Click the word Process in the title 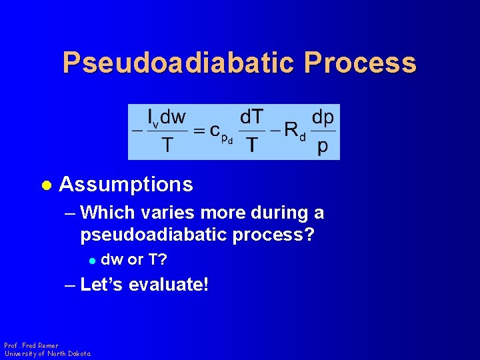pyautogui.click(x=361, y=63)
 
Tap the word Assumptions pyautogui.click(x=126, y=185)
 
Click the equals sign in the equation pyautogui.click(x=198, y=131)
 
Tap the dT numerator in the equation pyautogui.click(x=251, y=117)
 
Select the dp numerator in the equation pyautogui.click(x=323, y=117)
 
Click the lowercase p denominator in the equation pyautogui.click(x=323, y=147)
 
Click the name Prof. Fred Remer pyautogui.click(x=31, y=346)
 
